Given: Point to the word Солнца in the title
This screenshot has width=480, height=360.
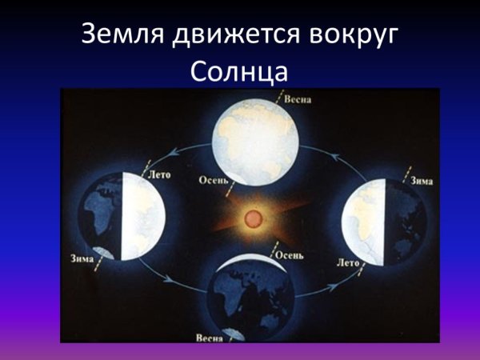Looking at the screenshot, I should coord(240,73).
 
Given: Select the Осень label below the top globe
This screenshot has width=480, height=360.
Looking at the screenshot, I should coord(214,180).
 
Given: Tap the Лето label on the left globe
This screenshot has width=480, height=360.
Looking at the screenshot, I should coord(160,174).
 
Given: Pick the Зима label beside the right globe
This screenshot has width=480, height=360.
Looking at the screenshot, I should coord(422,182).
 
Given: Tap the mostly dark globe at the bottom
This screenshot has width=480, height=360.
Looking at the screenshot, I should coord(248,300).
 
